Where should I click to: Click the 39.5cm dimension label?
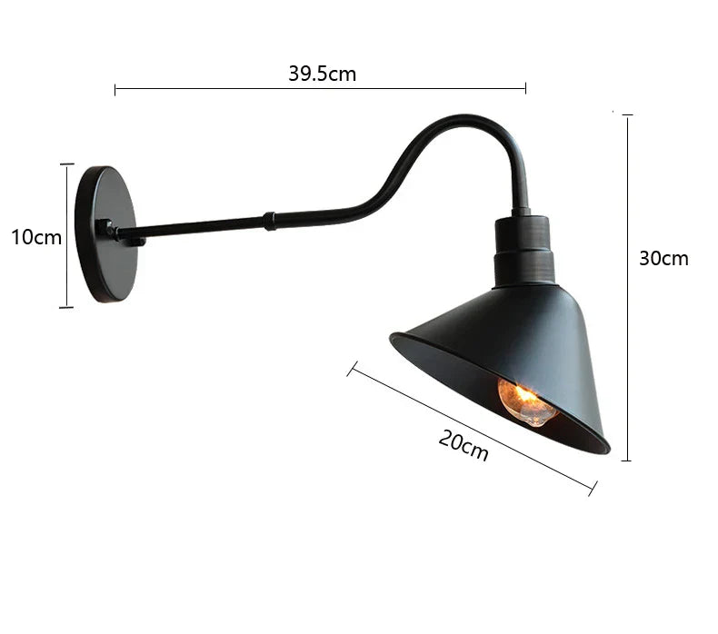pyautogui.click(x=322, y=74)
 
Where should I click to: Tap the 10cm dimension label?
pyautogui.click(x=36, y=237)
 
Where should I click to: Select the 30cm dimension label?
pyautogui.click(x=663, y=258)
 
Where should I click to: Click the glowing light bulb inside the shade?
pyautogui.click(x=526, y=401)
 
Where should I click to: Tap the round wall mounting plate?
pyautogui.click(x=105, y=234)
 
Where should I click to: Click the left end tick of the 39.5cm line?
pyautogui.click(x=115, y=89)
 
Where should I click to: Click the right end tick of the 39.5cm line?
pyautogui.click(x=525, y=89)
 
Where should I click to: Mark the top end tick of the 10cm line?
pyautogui.click(x=66, y=164)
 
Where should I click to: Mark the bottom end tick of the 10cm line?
pyautogui.click(x=66, y=307)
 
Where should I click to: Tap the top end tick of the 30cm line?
pyautogui.click(x=627, y=115)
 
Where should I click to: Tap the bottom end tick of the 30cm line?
pyautogui.click(x=627, y=461)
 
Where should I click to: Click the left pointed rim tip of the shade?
pyautogui.click(x=393, y=338)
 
